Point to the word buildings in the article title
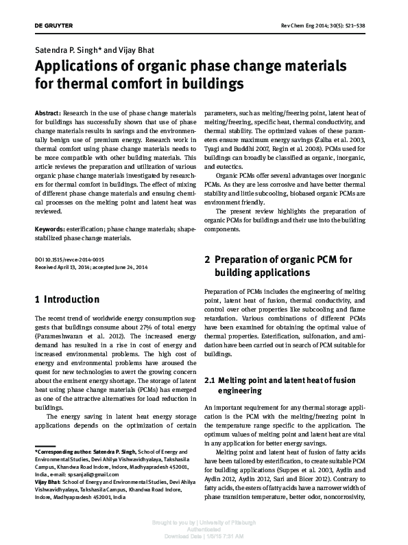click(211, 85)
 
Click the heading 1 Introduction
click(67, 299)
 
